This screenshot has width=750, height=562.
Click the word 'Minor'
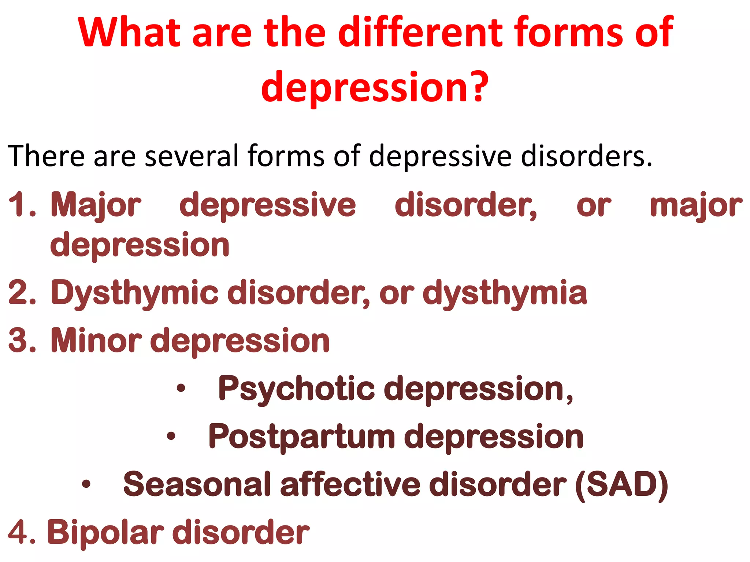[x=96, y=341]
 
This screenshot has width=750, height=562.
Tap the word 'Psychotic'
[x=296, y=389]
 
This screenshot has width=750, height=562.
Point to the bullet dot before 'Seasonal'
[x=86, y=484]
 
